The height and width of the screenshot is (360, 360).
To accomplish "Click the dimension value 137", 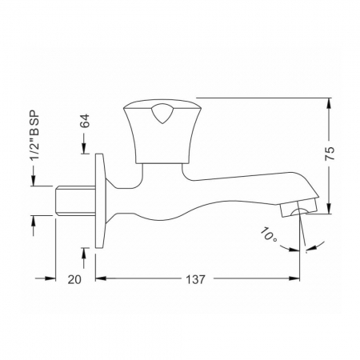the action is click(195, 279).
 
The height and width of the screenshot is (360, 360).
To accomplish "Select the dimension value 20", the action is click(74, 279).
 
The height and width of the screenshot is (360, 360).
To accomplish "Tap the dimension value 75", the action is click(330, 153).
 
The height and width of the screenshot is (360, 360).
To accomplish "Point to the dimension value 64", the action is click(85, 121).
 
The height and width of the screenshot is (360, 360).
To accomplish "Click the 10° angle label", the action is click(269, 234).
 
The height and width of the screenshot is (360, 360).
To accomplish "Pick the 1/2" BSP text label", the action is click(34, 135).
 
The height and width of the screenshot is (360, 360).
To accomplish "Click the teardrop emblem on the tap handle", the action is click(162, 114).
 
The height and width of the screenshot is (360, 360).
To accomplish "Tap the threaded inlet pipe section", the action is click(75, 201).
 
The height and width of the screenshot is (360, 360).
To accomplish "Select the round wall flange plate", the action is click(101, 201).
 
